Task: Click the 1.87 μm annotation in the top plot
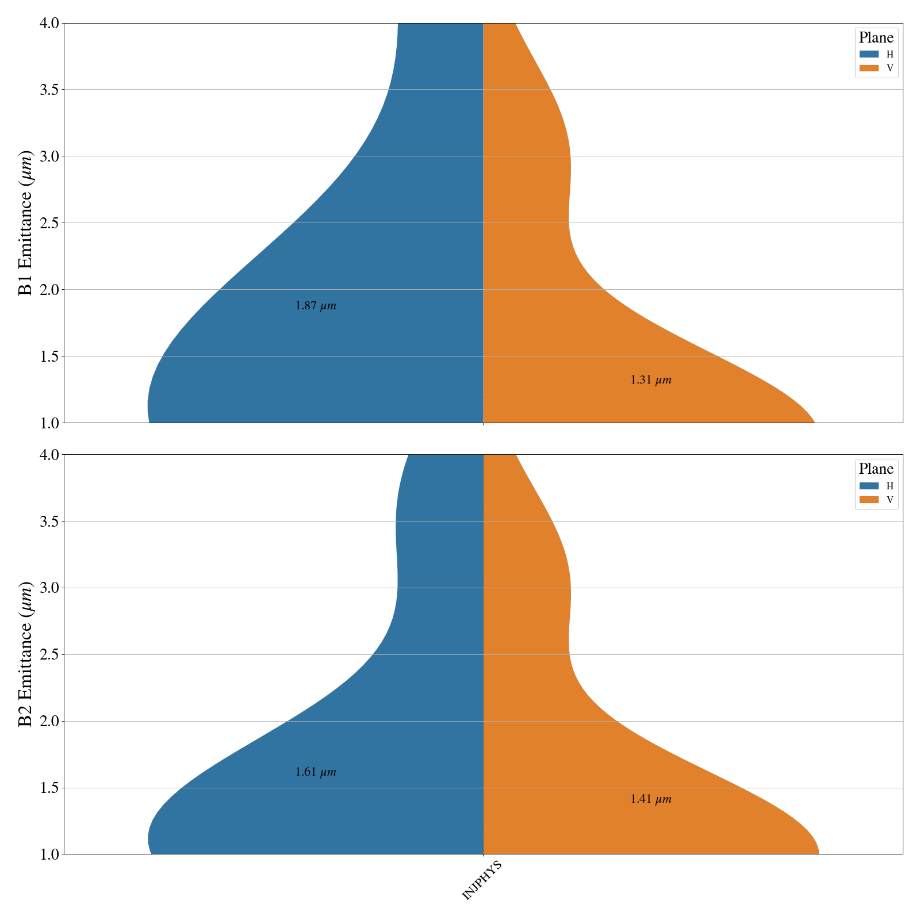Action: (316, 306)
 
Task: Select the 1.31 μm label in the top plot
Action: (651, 380)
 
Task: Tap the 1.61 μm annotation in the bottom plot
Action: (316, 772)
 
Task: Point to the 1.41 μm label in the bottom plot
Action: (651, 799)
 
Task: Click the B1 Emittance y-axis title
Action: (26, 223)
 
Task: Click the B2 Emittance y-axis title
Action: (26, 654)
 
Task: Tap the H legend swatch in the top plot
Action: (869, 55)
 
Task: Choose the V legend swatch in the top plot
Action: (869, 68)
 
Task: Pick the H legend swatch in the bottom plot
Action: (869, 486)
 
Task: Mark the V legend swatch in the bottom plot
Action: (869, 500)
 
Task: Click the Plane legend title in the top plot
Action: (876, 38)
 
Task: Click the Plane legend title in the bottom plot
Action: (876, 469)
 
